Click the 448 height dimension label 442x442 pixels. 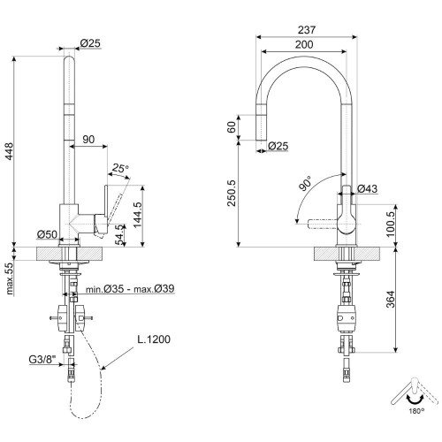(x=10, y=151)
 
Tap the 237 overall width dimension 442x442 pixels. (x=307, y=30)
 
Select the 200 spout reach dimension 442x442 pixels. (x=304, y=44)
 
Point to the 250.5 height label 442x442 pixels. (x=232, y=193)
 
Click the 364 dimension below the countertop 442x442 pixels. (x=391, y=299)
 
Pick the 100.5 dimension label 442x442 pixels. (x=391, y=225)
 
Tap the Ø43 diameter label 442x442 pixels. (x=367, y=188)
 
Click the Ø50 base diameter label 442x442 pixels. (x=47, y=234)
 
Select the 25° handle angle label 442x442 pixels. (x=120, y=169)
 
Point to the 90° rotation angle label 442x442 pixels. (x=305, y=183)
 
